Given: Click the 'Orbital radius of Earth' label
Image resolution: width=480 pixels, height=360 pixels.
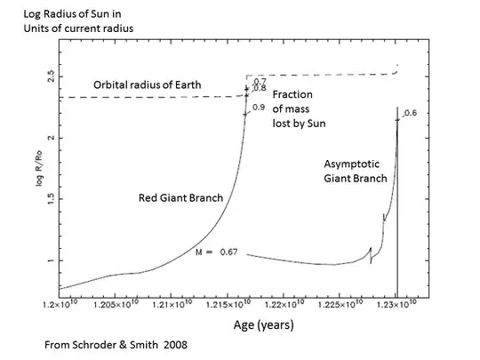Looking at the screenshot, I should (148, 85).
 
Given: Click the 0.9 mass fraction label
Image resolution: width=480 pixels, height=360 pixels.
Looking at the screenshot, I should (259, 107).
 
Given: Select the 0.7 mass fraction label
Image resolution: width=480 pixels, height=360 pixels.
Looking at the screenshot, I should (260, 81).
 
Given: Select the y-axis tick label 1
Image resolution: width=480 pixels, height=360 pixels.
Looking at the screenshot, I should (51, 260).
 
